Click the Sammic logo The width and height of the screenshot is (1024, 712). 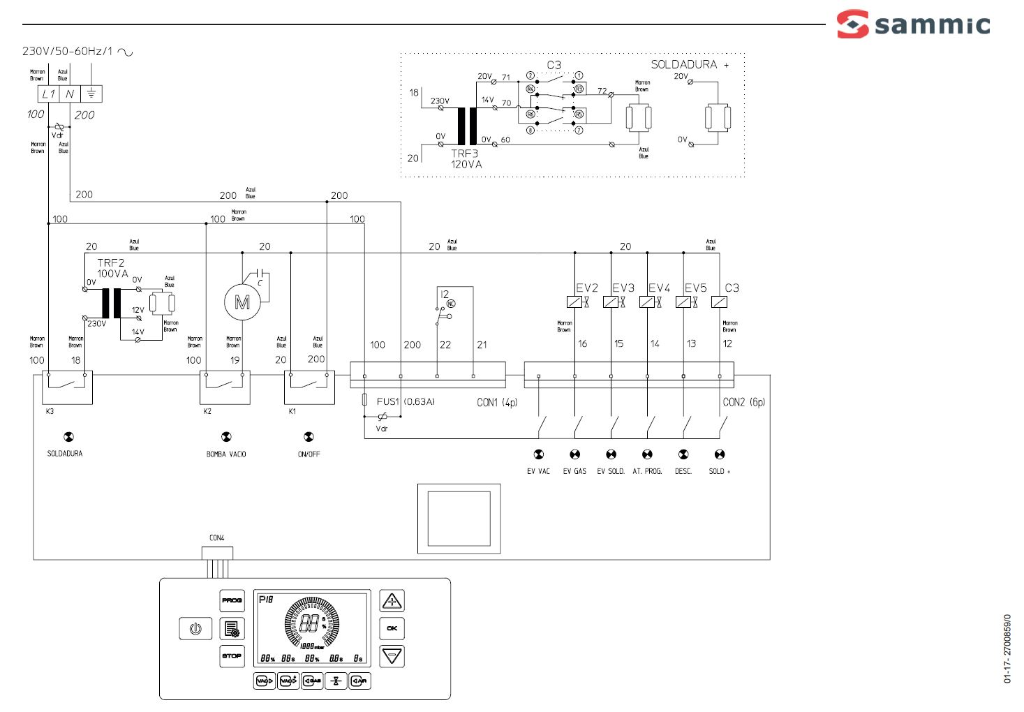[913, 24]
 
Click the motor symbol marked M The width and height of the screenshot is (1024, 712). [242, 302]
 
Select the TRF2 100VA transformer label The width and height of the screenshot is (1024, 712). [112, 268]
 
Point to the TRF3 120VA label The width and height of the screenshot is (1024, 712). [466, 158]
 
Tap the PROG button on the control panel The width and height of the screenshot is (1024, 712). [232, 600]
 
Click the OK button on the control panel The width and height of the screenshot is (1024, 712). [392, 628]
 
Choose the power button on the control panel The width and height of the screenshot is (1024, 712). [195, 628]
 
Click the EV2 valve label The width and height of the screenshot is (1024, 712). [586, 288]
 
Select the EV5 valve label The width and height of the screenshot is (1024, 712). [695, 288]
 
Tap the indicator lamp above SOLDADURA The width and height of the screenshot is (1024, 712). [68, 437]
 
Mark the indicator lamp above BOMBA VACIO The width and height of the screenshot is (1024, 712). [226, 437]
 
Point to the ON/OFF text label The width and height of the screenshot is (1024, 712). [309, 454]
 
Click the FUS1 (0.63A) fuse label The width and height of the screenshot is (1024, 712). [406, 401]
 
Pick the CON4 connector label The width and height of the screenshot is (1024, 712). [217, 537]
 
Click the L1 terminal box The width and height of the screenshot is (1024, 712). [48, 94]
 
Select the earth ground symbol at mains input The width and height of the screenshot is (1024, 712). [91, 94]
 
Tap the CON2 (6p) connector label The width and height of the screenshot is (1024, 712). [743, 402]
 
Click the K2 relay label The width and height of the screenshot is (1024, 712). [207, 411]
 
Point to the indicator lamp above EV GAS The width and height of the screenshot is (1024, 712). [574, 454]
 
